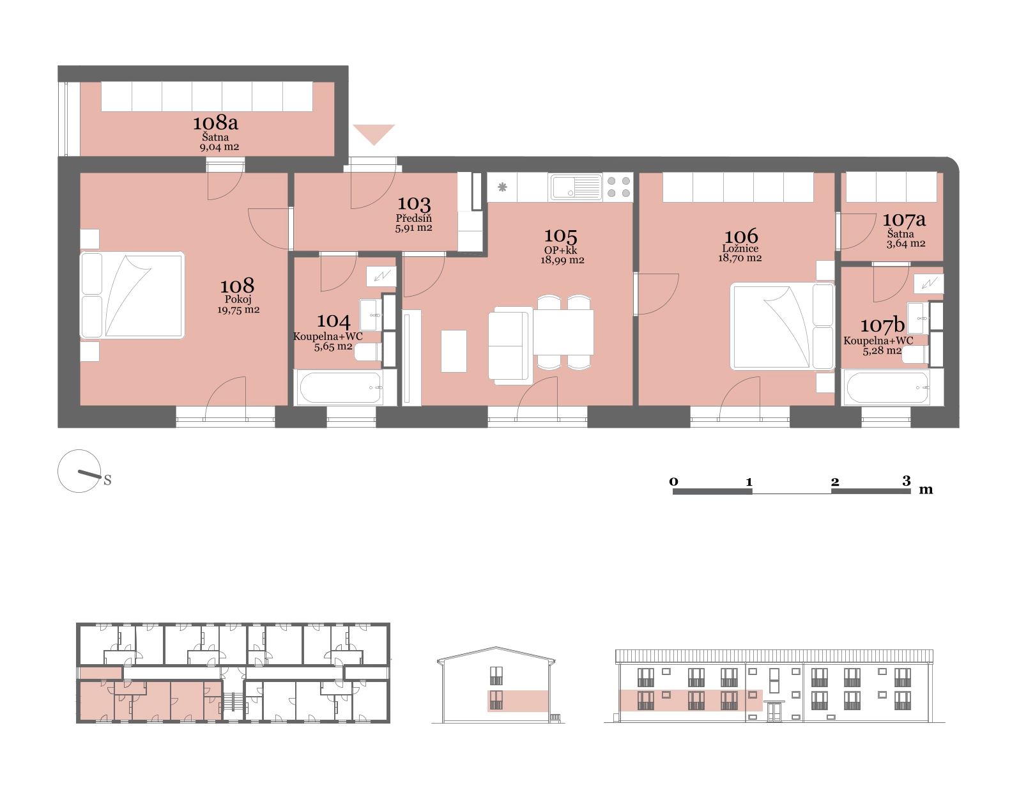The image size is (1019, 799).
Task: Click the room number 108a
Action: coord(216,123)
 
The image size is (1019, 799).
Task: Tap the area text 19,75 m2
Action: coord(238,309)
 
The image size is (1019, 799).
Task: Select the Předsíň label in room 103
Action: coord(413,218)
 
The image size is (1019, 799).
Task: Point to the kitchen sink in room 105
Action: coord(576,187)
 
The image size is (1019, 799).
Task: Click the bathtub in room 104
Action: coord(341,387)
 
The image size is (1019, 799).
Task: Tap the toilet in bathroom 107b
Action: coord(914,354)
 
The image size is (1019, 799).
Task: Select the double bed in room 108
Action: coord(132,295)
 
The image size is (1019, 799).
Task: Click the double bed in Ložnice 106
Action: coord(783,326)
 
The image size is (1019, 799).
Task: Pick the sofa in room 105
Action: coord(510,346)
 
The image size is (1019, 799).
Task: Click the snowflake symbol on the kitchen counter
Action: coord(502,188)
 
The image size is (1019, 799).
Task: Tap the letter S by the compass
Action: coord(107,480)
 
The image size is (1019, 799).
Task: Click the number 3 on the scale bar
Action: coord(907,481)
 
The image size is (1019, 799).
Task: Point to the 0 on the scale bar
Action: coord(674,481)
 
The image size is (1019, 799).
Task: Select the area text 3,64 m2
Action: coord(905,244)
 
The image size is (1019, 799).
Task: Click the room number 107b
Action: coord(882,325)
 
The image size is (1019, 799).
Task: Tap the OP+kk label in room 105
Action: coord(560,250)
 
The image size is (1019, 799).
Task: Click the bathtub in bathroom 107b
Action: coord(887,387)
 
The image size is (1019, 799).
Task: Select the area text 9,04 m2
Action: coord(219,147)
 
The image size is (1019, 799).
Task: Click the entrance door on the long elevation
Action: coord(774,711)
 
